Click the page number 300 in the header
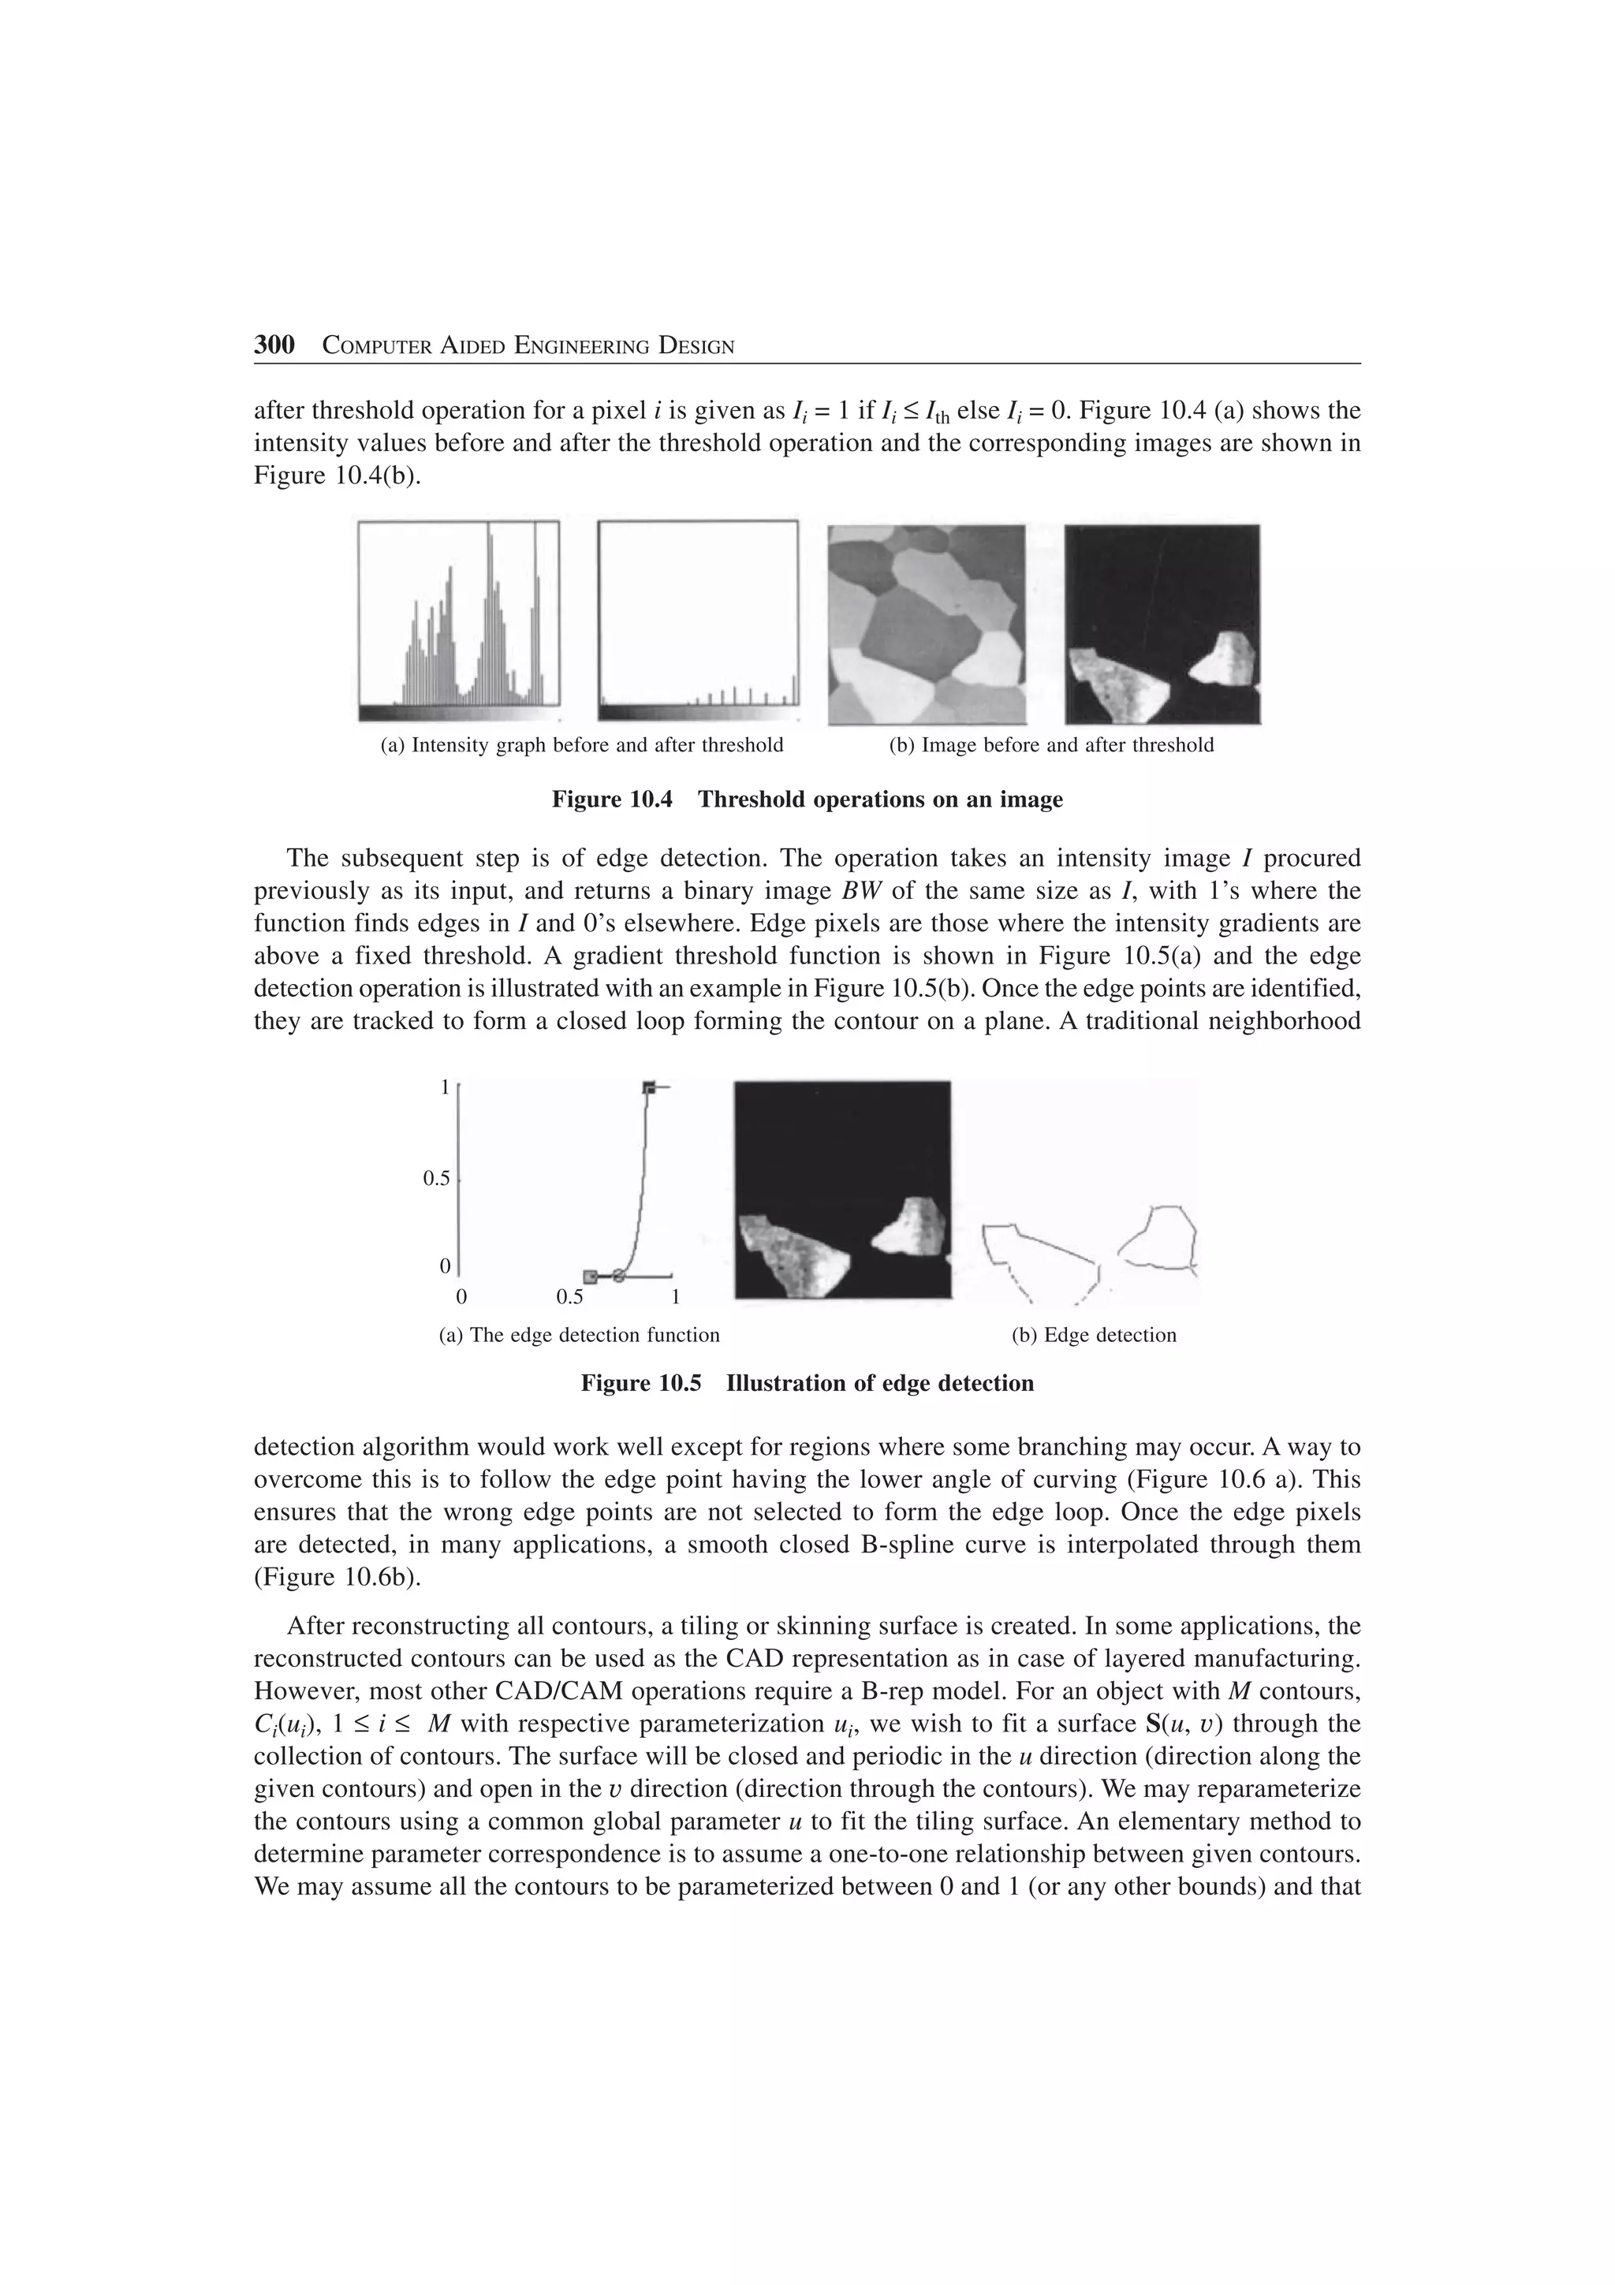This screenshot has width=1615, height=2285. [x=274, y=345]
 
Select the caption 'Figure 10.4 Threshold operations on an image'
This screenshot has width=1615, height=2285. [x=807, y=800]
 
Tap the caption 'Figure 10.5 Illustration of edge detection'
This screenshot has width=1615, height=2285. [x=807, y=1383]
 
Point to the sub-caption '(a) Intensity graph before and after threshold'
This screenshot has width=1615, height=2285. [x=582, y=745]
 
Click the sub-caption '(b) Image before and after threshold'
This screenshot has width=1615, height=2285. [x=1051, y=745]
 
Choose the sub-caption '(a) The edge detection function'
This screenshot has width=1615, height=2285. [x=579, y=1336]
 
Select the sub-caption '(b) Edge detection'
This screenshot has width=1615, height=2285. [x=1094, y=1336]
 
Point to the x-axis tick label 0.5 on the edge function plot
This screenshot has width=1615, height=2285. [x=569, y=1298]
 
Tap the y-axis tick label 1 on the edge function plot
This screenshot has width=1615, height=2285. [x=445, y=1088]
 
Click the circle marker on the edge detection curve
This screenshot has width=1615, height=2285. [x=618, y=1276]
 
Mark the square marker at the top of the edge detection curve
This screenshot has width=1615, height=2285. [x=649, y=1088]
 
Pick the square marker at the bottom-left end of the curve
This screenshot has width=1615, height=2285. [x=590, y=1276]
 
